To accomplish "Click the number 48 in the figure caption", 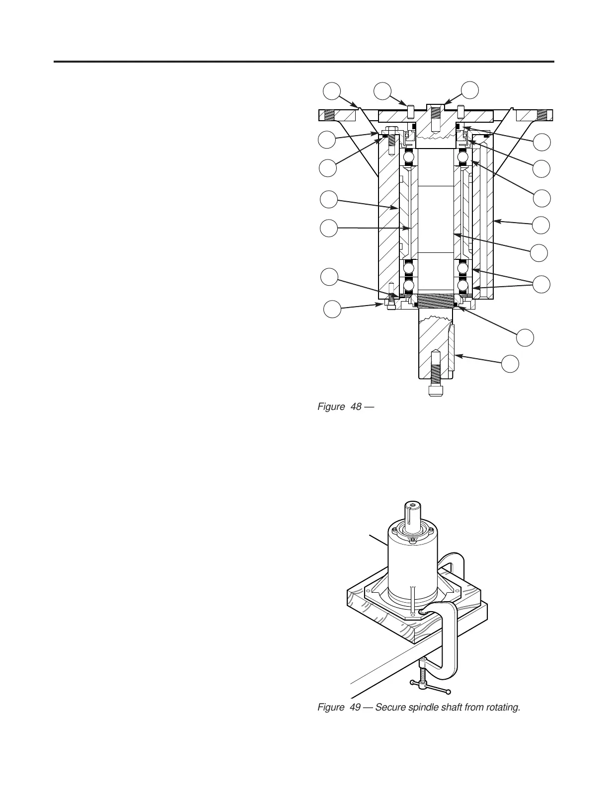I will [356, 407].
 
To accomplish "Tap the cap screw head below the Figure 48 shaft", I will [436, 390].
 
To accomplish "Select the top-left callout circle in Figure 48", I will [332, 90].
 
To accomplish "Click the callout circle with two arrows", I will [541, 285].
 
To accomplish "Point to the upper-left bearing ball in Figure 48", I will [409, 157].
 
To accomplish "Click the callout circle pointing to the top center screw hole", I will [470, 90].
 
